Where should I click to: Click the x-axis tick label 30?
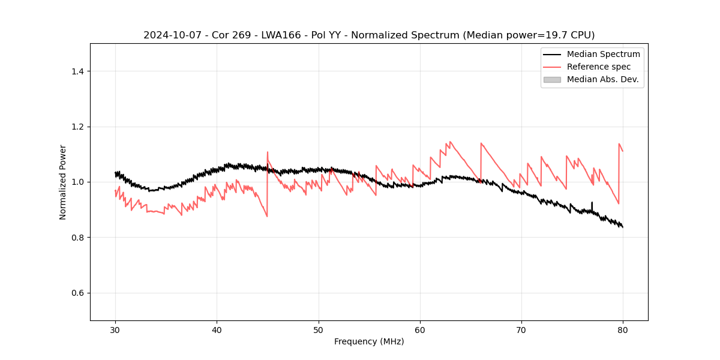pos(115,329)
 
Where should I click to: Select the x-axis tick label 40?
pos(217,329)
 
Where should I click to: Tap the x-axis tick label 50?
pos(319,329)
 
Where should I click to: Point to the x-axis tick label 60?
pos(420,329)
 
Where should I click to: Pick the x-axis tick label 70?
pos(521,329)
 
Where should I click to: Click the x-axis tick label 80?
pos(623,329)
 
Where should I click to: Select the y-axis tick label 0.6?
pos(77,293)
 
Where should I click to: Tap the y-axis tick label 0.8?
pos(77,238)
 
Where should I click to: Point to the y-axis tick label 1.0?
pos(77,182)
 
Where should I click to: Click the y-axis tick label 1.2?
pos(77,127)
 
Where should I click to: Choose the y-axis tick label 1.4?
pos(77,71)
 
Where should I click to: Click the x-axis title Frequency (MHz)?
pos(369,341)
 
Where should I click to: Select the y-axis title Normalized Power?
pos(63,182)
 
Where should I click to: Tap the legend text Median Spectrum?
pos(603,54)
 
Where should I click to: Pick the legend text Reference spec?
pos(599,67)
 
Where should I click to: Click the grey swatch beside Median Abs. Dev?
pos(552,79)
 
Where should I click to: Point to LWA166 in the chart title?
pos(277,35)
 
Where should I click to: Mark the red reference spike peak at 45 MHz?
pos(268,152)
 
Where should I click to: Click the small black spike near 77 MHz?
pos(592,203)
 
